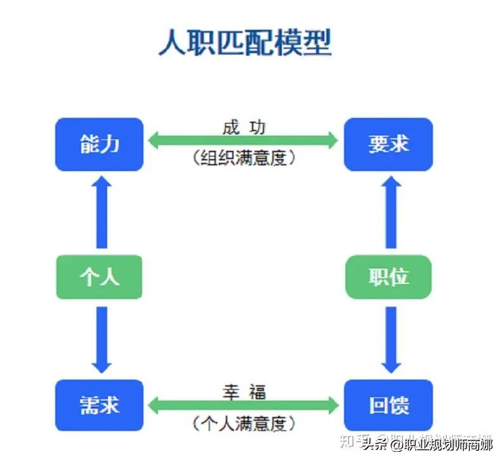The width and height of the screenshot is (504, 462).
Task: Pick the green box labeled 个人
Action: click(x=99, y=276)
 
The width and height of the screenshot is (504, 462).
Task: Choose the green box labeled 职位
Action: click(x=388, y=276)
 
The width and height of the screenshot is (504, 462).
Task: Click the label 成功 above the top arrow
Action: click(x=244, y=127)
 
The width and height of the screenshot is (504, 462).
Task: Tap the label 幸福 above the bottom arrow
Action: click(x=244, y=392)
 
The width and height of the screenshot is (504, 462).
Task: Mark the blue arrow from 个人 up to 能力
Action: click(x=102, y=212)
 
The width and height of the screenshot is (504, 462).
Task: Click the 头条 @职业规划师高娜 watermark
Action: click(x=427, y=445)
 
